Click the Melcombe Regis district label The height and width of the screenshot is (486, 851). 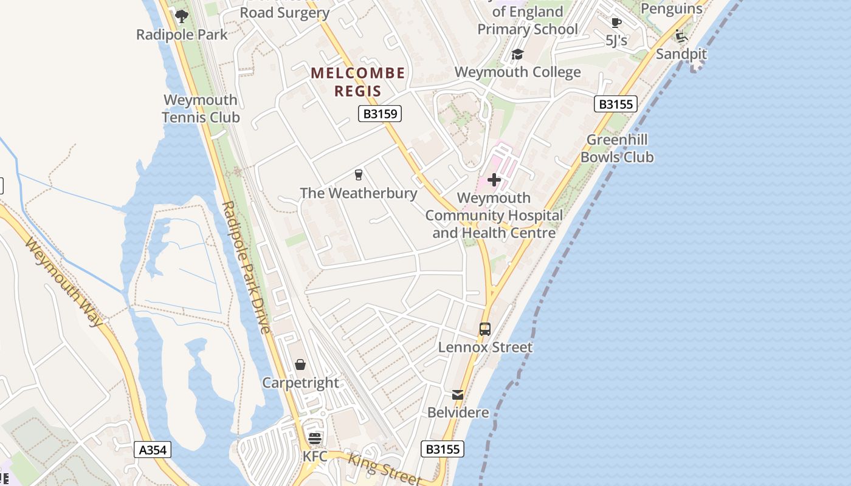(357, 82)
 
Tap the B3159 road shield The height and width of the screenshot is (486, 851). (379, 114)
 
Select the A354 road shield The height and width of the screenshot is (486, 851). (153, 450)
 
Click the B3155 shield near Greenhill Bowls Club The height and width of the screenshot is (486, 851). (615, 104)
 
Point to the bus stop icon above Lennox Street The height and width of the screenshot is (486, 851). (484, 329)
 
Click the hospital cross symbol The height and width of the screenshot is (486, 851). (494, 180)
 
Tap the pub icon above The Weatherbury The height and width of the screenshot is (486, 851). (359, 175)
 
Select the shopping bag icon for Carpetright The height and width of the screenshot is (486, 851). (300, 364)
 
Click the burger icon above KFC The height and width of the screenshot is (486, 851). (314, 438)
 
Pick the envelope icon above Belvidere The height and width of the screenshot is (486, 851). (458, 395)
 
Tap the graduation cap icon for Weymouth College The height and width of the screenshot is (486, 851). (517, 55)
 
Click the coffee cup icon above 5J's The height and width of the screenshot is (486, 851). (616, 23)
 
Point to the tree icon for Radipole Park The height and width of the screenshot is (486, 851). (181, 16)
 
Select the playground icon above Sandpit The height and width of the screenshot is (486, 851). (681, 36)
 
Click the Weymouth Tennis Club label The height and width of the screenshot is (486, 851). (201, 109)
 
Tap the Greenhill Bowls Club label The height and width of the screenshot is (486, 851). (617, 148)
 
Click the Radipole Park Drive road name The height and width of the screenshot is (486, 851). (246, 267)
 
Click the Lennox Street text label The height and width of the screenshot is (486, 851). (485, 347)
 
